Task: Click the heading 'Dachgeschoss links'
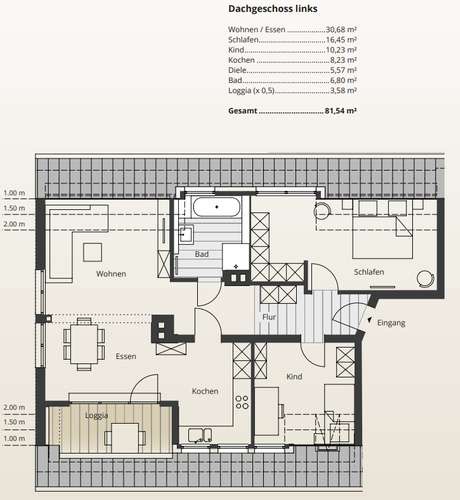point(273,9)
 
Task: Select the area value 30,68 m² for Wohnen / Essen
point(341,29)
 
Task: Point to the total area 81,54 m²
point(340,111)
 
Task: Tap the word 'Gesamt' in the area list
point(243,111)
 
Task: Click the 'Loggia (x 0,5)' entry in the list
point(251,91)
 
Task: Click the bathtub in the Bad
point(217,207)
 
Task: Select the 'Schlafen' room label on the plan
point(369,272)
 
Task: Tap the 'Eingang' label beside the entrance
point(391,323)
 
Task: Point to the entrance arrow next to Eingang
point(369,320)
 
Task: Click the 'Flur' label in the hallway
point(269,317)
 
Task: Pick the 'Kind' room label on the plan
point(294,377)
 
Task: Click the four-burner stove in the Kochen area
point(242,402)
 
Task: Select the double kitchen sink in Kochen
point(200,435)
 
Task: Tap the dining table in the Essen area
point(84,344)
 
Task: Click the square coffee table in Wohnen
point(92,252)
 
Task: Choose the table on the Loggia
point(125,438)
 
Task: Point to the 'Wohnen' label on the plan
point(111,274)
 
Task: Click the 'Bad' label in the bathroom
point(202,254)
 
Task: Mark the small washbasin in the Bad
point(186,233)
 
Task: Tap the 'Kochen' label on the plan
point(205,391)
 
